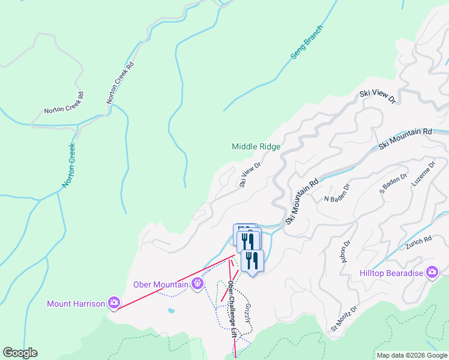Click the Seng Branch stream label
pyautogui.click(x=307, y=42)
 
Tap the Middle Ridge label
pyautogui.click(x=256, y=146)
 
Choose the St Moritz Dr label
pyautogui.click(x=343, y=319)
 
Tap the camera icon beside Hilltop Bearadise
pyautogui.click(x=432, y=273)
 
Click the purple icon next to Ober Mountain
pyautogui.click(x=197, y=284)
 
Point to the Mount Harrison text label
pyautogui.click(x=76, y=304)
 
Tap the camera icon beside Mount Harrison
pyautogui.click(x=113, y=304)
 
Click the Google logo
pyautogui.click(x=20, y=353)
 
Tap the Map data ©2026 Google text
pyautogui.click(x=412, y=355)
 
